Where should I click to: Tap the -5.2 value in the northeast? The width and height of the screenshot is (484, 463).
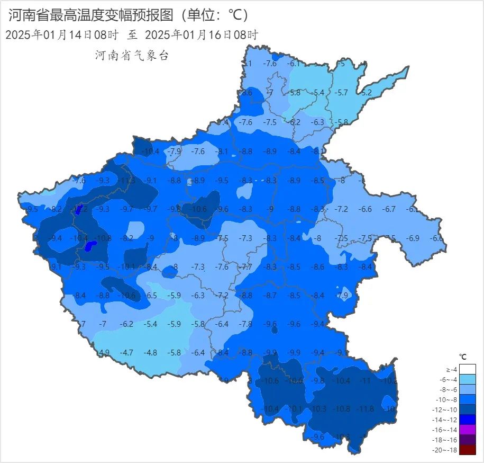(x=366, y=92)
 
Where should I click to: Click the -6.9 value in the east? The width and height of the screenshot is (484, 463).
(x=413, y=238)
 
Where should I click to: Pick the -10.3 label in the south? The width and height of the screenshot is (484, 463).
(x=318, y=409)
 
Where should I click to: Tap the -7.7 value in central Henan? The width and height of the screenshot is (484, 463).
(x=245, y=267)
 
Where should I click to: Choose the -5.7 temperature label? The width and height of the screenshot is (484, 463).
(x=342, y=92)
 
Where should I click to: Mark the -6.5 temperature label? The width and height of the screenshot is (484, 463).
(x=151, y=295)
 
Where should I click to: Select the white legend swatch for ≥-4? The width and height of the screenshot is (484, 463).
(x=468, y=369)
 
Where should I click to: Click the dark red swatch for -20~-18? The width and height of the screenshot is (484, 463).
(x=468, y=450)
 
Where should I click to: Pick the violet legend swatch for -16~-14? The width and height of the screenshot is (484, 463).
(x=468, y=430)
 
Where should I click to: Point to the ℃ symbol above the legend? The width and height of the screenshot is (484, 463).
(x=463, y=357)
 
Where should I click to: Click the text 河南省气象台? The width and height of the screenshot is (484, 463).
(x=131, y=56)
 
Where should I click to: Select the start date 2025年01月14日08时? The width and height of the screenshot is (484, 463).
(x=61, y=35)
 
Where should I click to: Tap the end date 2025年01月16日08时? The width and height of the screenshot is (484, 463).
(x=201, y=35)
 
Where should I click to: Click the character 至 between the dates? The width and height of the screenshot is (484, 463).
(x=132, y=35)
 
